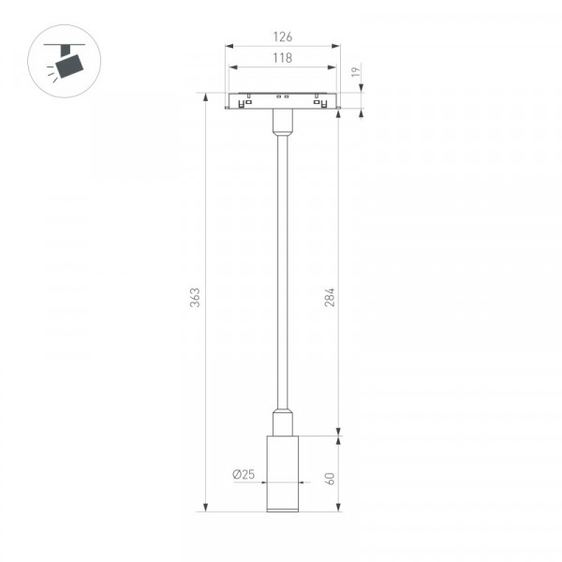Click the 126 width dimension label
pyautogui.click(x=283, y=37)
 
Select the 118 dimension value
pyautogui.click(x=283, y=58)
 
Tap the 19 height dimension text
pyautogui.click(x=356, y=72)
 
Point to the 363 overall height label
pyautogui.click(x=195, y=298)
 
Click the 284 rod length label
pyautogui.click(x=330, y=297)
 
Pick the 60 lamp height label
pyautogui.click(x=330, y=479)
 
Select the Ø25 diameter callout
pyautogui.click(x=244, y=474)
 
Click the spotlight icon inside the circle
pyautogui.click(x=65, y=62)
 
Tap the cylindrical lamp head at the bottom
pyautogui.click(x=283, y=474)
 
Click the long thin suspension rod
pyautogui.click(x=283, y=273)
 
